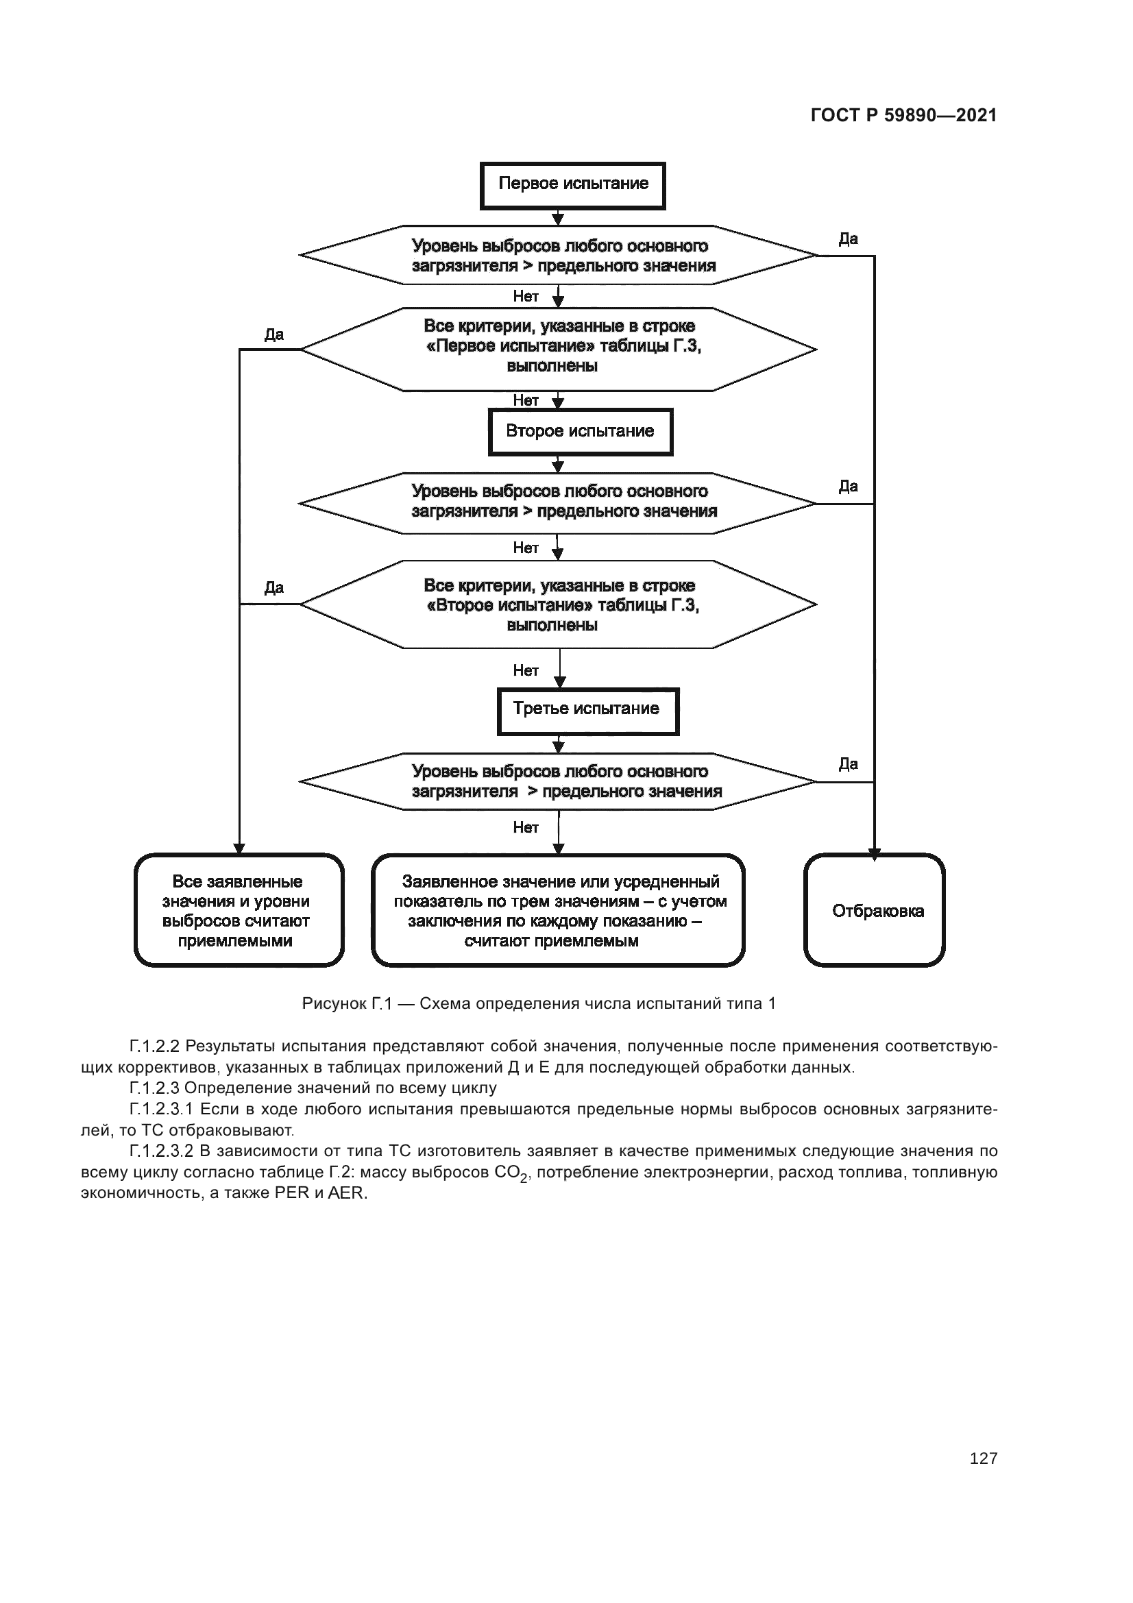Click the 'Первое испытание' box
pyautogui.click(x=572, y=186)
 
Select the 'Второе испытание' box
pyautogui.click(x=580, y=432)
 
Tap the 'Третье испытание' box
pyautogui.click(x=587, y=711)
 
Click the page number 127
pyautogui.click(x=983, y=1458)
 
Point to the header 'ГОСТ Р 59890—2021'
pyautogui.click(x=903, y=116)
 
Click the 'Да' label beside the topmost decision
pyautogui.click(x=847, y=239)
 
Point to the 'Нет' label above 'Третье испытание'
pyautogui.click(x=526, y=671)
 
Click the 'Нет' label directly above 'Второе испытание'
pyautogui.click(x=526, y=401)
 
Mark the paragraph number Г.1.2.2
pyautogui.click(x=154, y=1047)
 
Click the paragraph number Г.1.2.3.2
pyautogui.click(x=161, y=1151)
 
